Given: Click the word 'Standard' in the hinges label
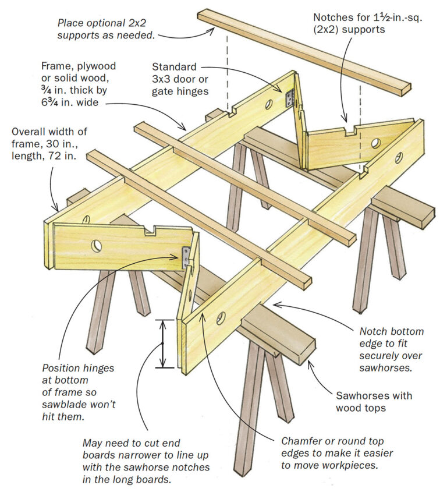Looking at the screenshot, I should click(x=174, y=67).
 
